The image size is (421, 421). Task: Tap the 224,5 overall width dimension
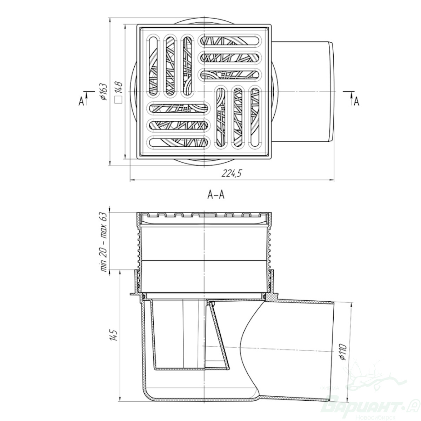(232, 174)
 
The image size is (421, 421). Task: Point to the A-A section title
(216, 195)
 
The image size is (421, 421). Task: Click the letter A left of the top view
(81, 102)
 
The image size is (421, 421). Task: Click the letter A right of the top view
(356, 102)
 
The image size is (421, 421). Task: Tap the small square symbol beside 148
(119, 100)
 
